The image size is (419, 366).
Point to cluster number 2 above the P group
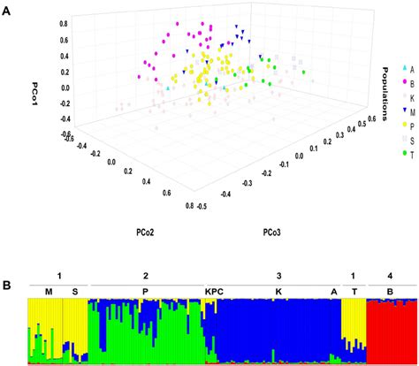146,276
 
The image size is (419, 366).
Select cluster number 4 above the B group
390,276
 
